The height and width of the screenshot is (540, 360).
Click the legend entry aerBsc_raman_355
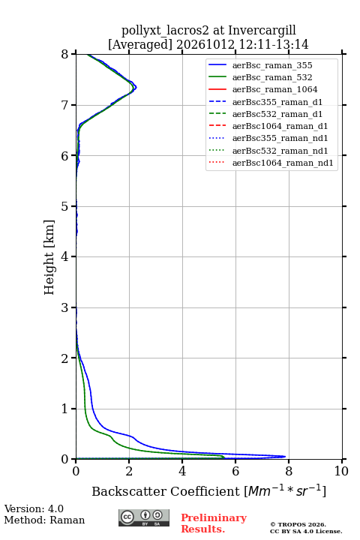(272, 65)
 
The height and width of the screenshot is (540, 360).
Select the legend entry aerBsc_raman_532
(272, 77)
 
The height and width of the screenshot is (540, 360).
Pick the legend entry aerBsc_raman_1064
(275, 89)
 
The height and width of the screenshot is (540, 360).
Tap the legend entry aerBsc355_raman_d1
(277, 102)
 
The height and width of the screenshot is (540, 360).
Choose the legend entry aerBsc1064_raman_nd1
(283, 163)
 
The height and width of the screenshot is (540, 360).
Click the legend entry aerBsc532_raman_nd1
(280, 151)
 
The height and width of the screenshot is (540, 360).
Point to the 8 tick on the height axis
(73, 54)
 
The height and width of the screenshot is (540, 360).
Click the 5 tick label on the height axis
(64, 206)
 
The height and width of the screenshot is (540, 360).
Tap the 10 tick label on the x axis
(341, 471)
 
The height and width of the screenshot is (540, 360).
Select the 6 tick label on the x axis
(235, 471)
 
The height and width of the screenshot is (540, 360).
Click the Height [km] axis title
(49, 257)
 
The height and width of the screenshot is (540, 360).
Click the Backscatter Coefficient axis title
(208, 491)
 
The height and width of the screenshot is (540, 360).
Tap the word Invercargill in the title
(262, 30)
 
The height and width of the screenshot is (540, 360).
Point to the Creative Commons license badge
(144, 517)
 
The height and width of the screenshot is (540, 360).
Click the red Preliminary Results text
(214, 523)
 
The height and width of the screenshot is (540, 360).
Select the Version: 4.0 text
(34, 508)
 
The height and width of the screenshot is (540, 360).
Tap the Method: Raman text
(44, 520)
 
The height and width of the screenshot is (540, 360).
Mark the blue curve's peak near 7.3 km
(136, 87)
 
